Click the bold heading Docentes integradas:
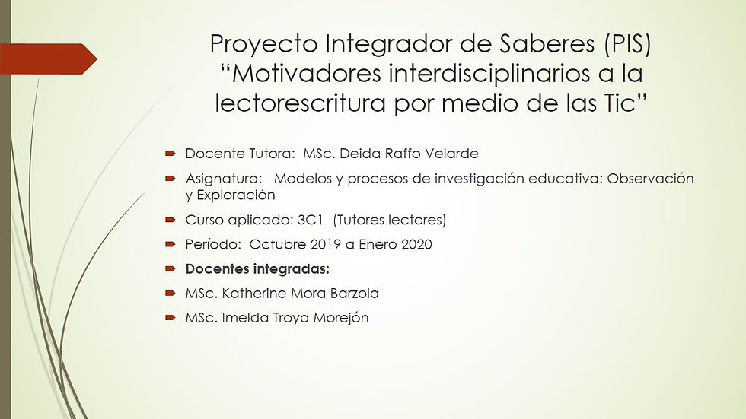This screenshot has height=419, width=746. [x=257, y=269]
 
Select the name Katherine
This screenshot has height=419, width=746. [x=253, y=294]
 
